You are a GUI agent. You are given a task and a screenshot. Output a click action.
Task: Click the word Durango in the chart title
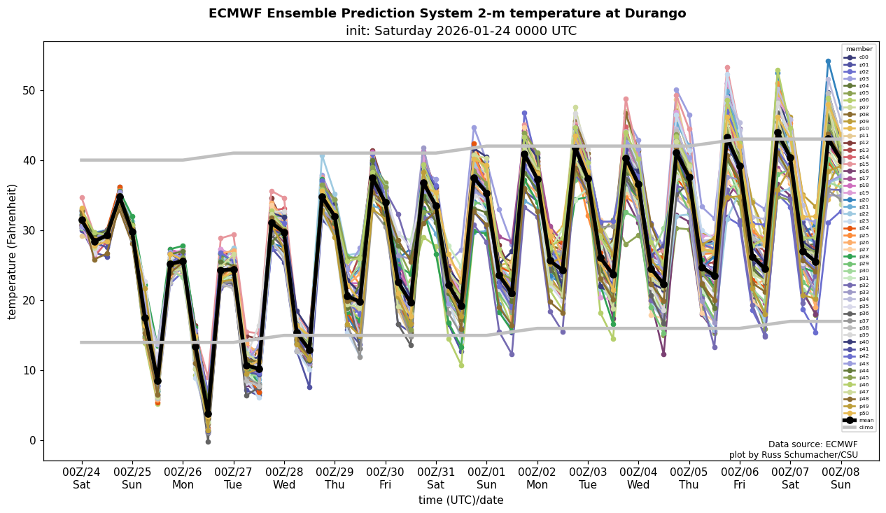pos(650,13)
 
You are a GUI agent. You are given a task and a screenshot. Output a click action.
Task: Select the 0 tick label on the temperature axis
pos(31,440)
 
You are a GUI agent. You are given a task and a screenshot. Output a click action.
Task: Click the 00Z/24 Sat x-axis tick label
pos(81,478)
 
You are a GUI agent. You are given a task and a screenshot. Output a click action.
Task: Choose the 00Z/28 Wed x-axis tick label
pos(284,478)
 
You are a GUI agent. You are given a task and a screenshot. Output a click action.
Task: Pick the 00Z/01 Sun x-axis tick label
pos(487,478)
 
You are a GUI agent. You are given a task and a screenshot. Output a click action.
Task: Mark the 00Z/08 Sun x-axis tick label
pos(841,478)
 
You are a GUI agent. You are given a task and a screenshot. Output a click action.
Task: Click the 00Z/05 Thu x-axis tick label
pos(689,478)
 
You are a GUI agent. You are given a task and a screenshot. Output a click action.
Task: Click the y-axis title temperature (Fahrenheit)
pos(13,251)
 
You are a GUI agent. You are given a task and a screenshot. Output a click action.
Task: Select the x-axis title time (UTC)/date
pos(460,500)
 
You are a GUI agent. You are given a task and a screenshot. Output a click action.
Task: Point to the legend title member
pos(859,49)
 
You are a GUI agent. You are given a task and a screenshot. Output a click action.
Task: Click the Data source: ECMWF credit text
pos(813,444)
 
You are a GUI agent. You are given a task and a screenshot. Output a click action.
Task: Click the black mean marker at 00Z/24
pos(82,220)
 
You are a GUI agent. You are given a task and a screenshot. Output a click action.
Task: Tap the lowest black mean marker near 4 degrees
pos(208,414)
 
